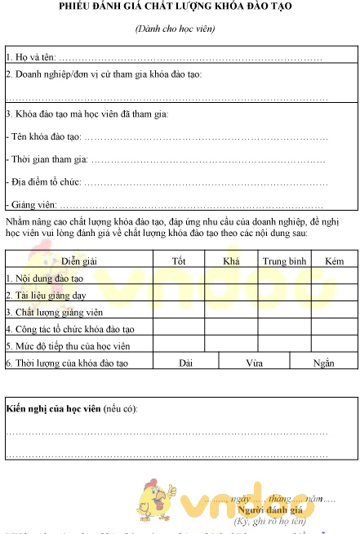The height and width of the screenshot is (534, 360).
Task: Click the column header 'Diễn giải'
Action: tap(79, 260)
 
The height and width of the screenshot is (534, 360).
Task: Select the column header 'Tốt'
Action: tap(179, 260)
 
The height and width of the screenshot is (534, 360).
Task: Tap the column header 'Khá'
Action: tap(230, 260)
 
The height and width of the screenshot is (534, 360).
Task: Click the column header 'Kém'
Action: tap(334, 260)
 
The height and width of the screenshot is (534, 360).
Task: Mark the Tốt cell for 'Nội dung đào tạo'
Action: tap(179, 278)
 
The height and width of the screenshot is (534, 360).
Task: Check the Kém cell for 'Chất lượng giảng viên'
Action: tap(334, 311)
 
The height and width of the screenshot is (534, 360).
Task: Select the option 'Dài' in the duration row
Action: tap(185, 362)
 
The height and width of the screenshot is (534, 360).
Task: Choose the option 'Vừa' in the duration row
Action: tap(254, 362)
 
